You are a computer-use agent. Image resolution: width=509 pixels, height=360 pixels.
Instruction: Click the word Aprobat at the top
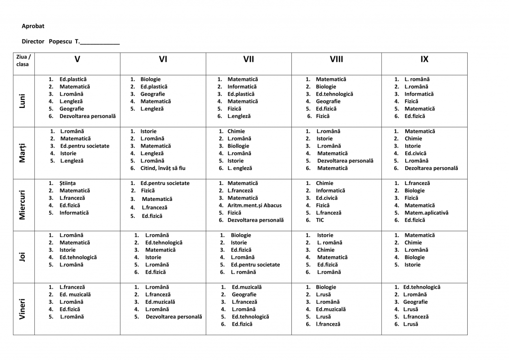tap(33, 26)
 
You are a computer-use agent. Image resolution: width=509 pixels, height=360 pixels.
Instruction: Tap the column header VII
tap(249, 60)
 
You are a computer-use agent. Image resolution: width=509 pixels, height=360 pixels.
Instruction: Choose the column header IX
tap(424, 60)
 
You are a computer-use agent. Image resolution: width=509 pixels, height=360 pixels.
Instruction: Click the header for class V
tap(77, 60)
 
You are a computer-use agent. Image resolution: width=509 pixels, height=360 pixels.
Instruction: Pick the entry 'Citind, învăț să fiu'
tap(163, 169)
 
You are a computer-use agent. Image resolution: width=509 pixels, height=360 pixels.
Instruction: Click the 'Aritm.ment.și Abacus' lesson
tap(254, 205)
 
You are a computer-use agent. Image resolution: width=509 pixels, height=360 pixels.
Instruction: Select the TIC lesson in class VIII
tap(320, 220)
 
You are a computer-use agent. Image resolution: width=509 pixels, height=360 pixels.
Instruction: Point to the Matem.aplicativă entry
tap(426, 213)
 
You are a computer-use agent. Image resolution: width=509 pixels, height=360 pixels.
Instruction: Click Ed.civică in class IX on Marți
tap(415, 154)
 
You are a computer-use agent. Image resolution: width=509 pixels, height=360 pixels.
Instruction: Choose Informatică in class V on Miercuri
tap(74, 213)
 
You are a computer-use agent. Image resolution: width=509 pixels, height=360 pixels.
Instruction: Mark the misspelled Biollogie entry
tap(239, 146)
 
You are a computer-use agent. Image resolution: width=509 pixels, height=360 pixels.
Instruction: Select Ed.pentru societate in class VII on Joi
tap(255, 265)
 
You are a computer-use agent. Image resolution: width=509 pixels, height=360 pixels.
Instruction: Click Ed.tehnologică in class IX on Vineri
tap(422, 287)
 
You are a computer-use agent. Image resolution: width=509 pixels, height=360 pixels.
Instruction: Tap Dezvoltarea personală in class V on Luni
tap(87, 116)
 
